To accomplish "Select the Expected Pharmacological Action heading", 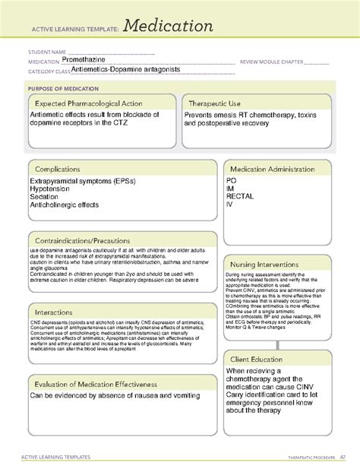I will coord(93,102).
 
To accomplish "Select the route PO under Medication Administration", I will coord(232,181).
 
